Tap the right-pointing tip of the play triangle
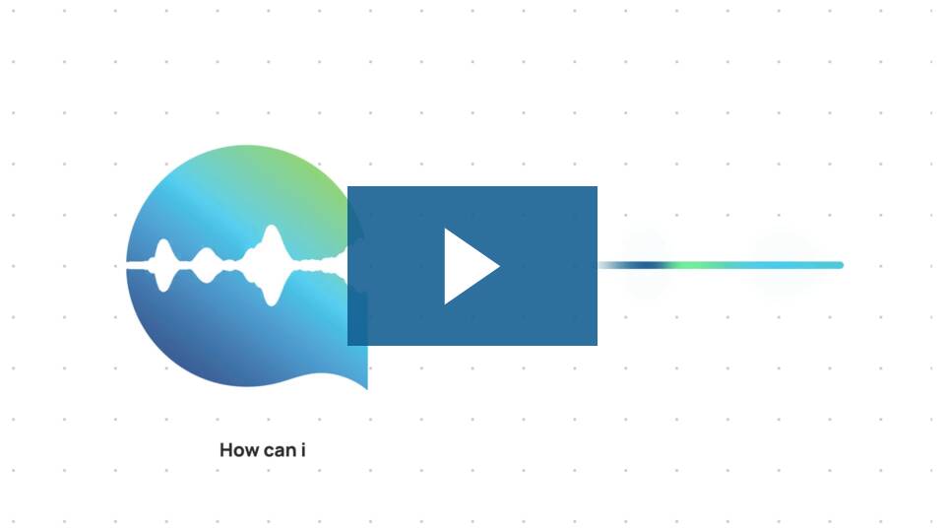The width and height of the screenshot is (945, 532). click(x=500, y=266)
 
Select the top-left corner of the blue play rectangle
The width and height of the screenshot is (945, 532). click(x=347, y=186)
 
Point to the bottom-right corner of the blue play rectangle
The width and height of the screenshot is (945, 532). click(x=598, y=345)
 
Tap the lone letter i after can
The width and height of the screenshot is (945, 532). click(x=303, y=450)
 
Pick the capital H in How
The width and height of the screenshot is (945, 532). click(x=226, y=450)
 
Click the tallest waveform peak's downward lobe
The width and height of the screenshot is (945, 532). click(x=272, y=295)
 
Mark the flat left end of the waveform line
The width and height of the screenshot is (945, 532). click(x=127, y=265)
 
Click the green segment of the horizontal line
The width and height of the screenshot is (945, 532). click(x=693, y=265)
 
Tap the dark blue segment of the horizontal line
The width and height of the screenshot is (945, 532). click(x=644, y=265)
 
